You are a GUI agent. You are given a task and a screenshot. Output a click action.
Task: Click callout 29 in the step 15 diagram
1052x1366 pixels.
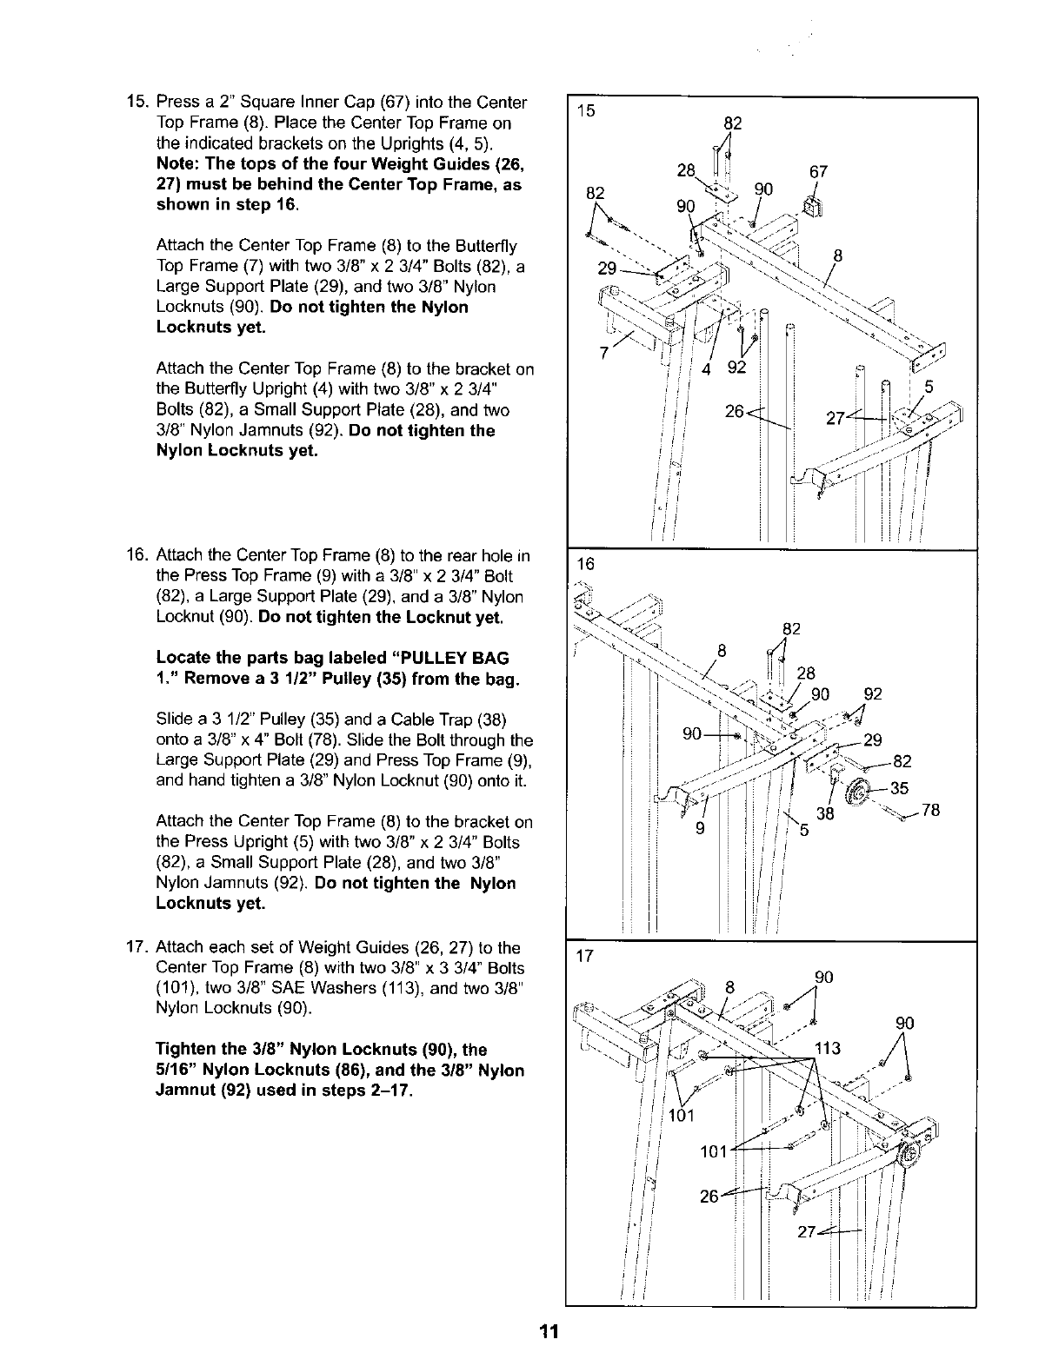608,269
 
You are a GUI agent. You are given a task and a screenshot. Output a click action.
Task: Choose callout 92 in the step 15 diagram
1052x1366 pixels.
736,368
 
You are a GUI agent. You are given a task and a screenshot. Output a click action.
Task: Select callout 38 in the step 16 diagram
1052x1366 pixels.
827,814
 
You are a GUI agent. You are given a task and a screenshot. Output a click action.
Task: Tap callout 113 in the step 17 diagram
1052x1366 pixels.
828,1048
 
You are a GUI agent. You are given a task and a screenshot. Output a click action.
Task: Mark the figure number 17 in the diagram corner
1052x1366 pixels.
585,956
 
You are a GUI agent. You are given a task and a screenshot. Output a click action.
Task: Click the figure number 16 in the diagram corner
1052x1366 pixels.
585,564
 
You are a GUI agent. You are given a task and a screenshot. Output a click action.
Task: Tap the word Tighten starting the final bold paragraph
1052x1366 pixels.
184,1049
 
